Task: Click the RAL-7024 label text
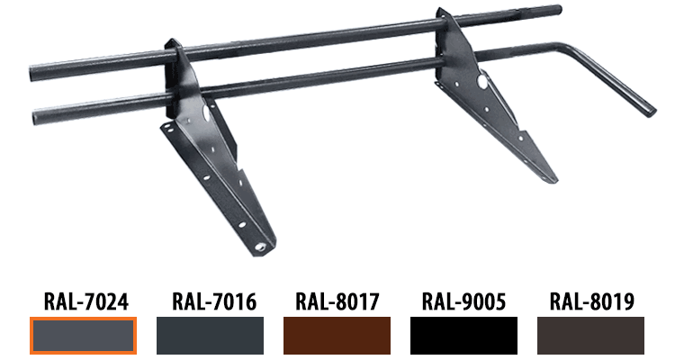(x=86, y=301)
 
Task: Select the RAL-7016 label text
(x=214, y=301)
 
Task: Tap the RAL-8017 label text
(x=337, y=301)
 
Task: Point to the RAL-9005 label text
(x=463, y=301)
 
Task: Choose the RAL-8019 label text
(x=591, y=301)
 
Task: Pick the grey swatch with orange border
(x=83, y=336)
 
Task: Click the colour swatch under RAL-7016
(x=210, y=336)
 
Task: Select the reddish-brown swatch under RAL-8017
(x=337, y=336)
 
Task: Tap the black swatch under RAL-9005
(x=463, y=336)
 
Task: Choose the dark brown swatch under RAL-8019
(x=590, y=336)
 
